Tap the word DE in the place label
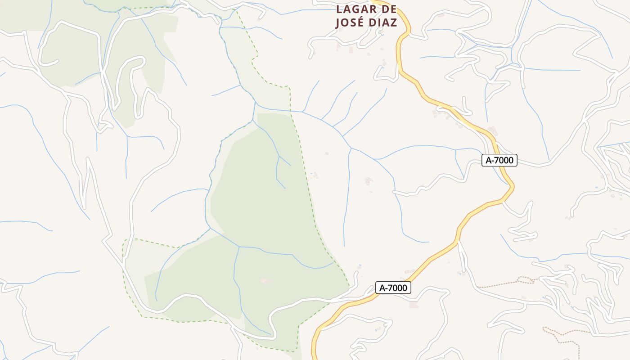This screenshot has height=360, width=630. (x=387, y=9)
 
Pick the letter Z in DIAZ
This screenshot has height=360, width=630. (x=394, y=23)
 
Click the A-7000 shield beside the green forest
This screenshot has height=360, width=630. (x=393, y=288)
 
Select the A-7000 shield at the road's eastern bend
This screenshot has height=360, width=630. (x=499, y=160)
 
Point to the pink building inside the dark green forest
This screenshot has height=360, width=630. (x=265, y=281)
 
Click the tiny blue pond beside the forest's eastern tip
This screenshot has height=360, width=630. (x=360, y=265)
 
